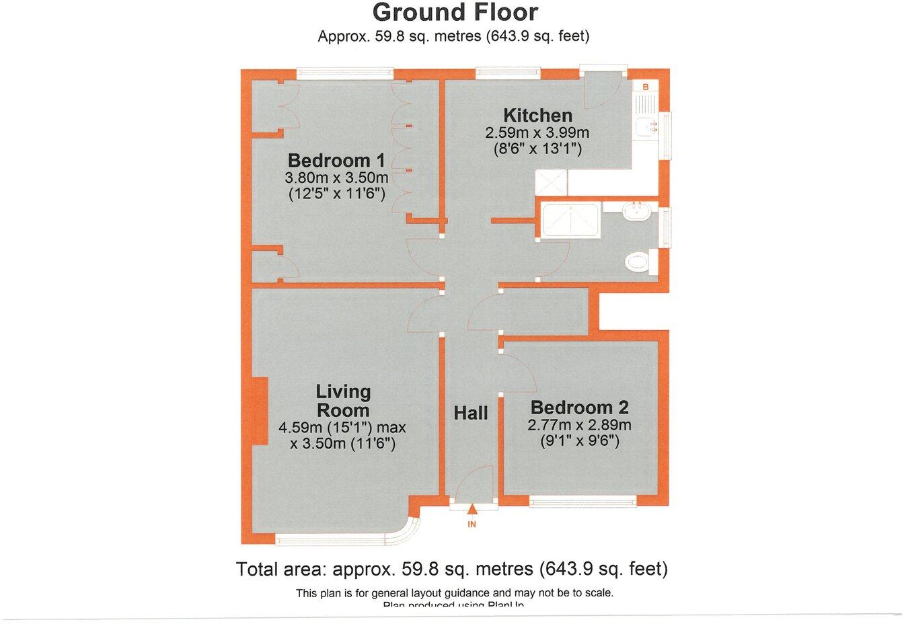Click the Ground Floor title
[455, 12]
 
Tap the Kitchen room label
[538, 115]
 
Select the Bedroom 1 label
[336, 161]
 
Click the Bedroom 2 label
[579, 407]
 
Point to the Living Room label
[343, 401]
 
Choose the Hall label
[470, 413]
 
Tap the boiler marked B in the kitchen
[645, 87]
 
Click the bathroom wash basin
[636, 212]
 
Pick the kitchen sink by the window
[649, 126]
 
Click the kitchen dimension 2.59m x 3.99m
[537, 132]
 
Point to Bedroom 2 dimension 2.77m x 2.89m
[579, 425]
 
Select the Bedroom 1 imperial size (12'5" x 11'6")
[336, 194]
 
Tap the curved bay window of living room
[404, 530]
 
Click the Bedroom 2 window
[582, 500]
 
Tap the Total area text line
[452, 570]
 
